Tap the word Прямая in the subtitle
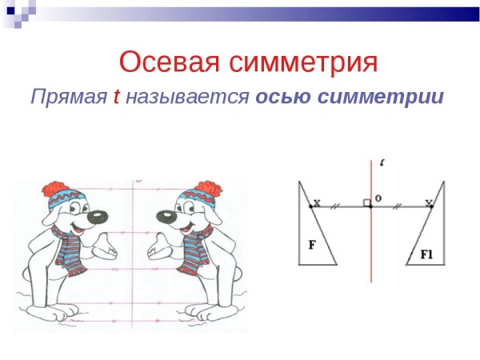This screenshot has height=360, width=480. point(68,98)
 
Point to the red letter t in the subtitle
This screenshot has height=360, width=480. point(116,98)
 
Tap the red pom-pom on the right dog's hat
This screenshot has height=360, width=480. point(208,190)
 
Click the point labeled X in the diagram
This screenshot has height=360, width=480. point(311,206)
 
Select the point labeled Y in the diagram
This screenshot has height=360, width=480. point(431,206)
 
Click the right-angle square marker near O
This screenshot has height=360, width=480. point(366,203)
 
